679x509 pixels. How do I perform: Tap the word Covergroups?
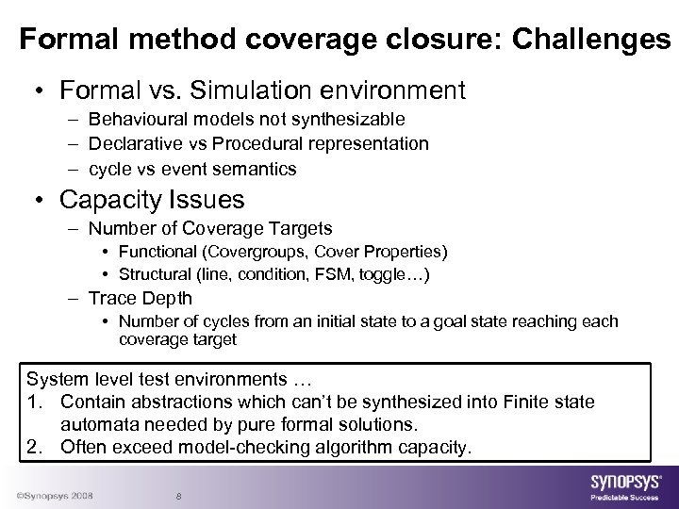click(249, 252)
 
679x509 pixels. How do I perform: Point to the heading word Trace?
click(110, 298)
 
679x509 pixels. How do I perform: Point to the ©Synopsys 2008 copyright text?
click(53, 496)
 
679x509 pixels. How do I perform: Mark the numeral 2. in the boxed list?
click(38, 445)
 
